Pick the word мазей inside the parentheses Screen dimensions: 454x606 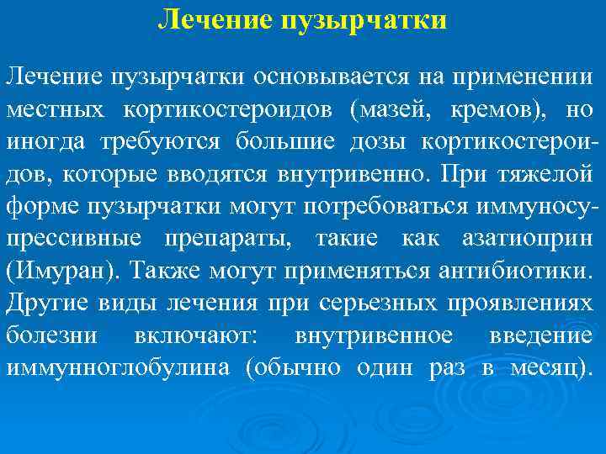coord(392,110)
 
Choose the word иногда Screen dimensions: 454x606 coord(47,141)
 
